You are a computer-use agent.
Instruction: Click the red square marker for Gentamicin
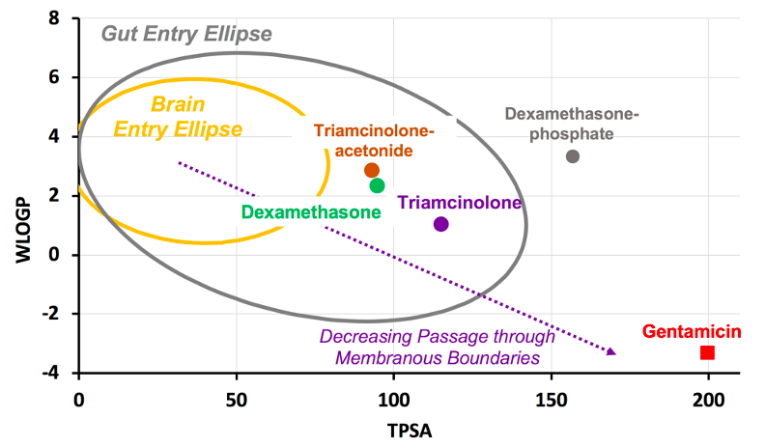pos(707,352)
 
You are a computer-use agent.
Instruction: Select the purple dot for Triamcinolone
pos(441,224)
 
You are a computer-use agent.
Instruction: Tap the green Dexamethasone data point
pos(377,185)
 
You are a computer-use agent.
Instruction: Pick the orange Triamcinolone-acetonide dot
pos(372,170)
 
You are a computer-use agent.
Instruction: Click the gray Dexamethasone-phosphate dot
pos(573,156)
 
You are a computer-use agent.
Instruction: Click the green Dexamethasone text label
pos(311,211)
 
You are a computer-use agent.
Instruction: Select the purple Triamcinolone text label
pos(459,203)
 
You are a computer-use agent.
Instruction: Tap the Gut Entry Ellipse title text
pos(186,34)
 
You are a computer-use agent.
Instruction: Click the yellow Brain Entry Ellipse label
pos(178,115)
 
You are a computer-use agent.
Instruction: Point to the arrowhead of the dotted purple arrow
pos(611,351)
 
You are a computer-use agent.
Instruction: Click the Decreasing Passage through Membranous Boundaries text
pos(437,348)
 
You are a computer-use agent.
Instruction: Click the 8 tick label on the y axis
pos(54,18)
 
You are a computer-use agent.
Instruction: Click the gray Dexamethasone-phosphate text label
pos(573,124)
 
